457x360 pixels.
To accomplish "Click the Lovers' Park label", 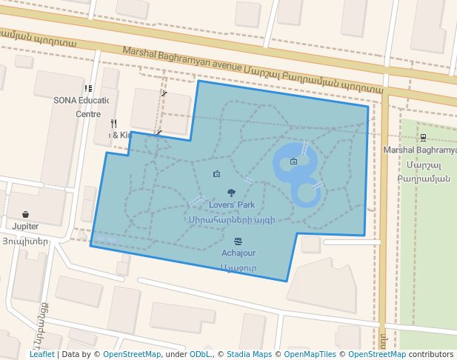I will coord(232,204).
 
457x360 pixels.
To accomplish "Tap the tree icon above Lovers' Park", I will coord(232,193).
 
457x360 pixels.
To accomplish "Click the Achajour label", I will coord(238,253).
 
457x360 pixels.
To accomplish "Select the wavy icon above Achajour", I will coord(238,241).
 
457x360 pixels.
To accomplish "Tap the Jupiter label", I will coord(25,227).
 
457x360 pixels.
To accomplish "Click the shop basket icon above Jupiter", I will coord(25,215).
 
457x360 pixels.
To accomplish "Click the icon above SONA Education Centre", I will coord(88,89).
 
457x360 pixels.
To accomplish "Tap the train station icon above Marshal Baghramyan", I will coord(423,137).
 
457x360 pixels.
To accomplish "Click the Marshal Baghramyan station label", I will coord(420,150).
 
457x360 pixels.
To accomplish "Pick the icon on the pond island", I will coord(294,161).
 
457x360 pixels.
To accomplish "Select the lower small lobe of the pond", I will coord(305,194).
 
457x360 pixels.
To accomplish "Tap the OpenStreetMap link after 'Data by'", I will coord(131,354).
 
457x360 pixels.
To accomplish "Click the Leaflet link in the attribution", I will coord(41,354).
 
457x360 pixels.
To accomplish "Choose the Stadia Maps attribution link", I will coord(249,354).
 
